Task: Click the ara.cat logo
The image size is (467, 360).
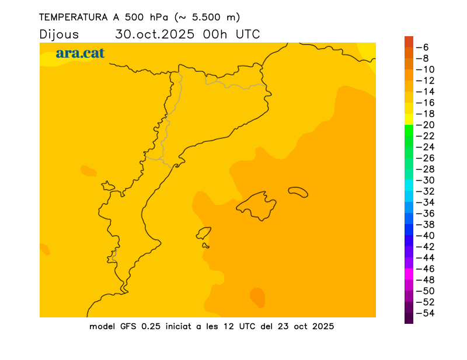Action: coord(80,53)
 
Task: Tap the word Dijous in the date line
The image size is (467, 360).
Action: coord(59,34)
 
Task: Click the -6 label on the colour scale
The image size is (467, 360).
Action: coord(426,47)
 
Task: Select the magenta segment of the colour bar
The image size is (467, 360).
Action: coord(409,274)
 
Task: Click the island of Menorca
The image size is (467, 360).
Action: coord(298,191)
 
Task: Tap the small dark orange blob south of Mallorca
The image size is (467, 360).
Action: coord(257,297)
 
